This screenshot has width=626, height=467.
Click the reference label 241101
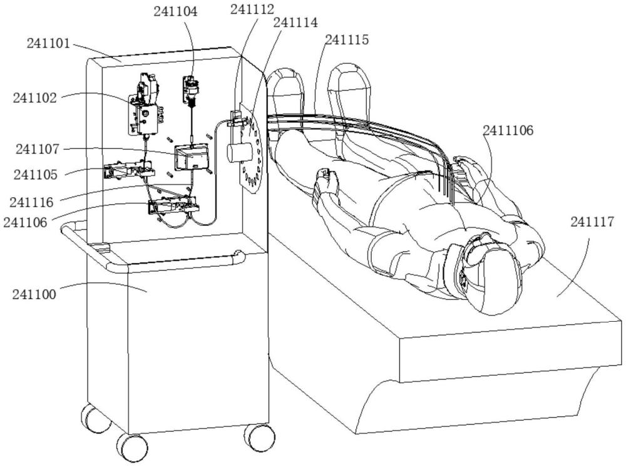point(49,44)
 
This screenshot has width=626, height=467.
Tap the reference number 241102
point(34,98)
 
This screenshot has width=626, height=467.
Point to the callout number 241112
point(252,9)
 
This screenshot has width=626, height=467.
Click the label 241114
point(296,23)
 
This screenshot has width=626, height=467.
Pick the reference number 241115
point(347,39)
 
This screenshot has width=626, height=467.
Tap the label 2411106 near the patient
point(508,130)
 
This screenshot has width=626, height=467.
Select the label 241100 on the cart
point(34,293)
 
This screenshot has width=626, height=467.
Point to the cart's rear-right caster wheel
point(255,436)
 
